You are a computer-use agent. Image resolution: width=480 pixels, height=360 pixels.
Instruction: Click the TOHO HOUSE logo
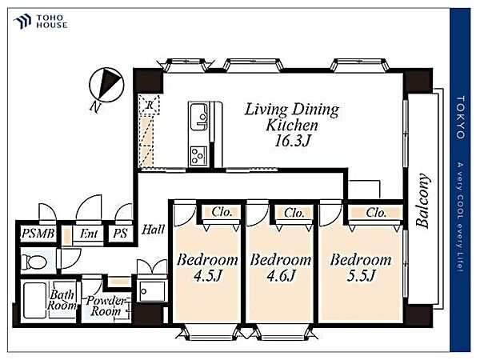click(40, 22)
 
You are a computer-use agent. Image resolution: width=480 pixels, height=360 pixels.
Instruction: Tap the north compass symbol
click(106, 85)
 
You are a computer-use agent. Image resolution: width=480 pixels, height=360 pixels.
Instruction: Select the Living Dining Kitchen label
click(292, 118)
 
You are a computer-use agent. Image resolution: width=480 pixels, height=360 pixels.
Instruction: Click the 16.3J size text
click(293, 141)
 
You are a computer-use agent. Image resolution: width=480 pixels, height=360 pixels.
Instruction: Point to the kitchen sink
click(199, 117)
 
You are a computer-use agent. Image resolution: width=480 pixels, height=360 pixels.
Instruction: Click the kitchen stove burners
click(198, 155)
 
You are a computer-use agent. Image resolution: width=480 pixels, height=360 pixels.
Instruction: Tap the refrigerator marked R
click(150, 105)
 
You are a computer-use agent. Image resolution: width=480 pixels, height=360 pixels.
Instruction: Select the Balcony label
click(423, 201)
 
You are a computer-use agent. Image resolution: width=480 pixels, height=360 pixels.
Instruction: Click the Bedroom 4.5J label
click(207, 267)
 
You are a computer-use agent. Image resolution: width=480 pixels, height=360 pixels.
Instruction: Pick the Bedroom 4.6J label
click(281, 267)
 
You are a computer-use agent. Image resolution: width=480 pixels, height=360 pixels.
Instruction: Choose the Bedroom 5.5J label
click(361, 267)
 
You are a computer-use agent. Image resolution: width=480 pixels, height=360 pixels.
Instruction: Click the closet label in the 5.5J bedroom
click(376, 213)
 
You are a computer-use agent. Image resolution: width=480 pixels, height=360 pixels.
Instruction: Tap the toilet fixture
click(35, 262)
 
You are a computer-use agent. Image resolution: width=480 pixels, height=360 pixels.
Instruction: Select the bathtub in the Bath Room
click(34, 300)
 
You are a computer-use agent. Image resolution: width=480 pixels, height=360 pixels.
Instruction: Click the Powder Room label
click(106, 306)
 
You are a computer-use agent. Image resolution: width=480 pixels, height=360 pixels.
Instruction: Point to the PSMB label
click(38, 234)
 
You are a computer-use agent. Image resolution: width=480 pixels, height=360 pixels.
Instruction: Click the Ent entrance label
click(89, 234)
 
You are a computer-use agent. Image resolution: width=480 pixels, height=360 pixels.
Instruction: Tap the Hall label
click(153, 230)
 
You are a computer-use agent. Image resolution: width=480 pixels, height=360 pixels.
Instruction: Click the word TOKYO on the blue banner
click(461, 118)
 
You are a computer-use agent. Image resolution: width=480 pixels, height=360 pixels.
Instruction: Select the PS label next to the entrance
click(120, 234)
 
